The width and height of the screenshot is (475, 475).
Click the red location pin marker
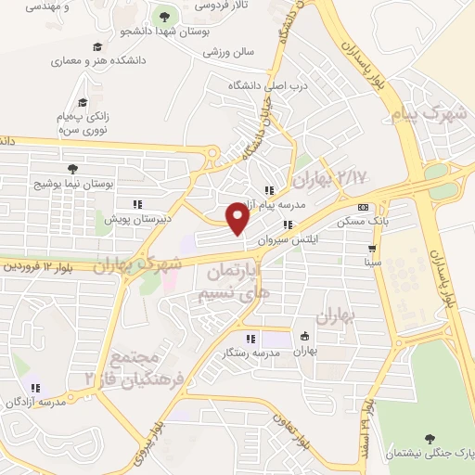pyautogui.click(x=238, y=219)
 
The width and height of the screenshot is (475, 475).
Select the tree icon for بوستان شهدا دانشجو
pyautogui.click(x=165, y=16)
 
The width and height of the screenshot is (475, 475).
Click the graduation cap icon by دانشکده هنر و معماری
pyautogui.click(x=96, y=47)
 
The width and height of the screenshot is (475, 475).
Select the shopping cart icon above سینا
pyautogui.click(x=372, y=249)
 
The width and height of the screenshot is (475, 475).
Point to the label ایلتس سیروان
pyautogui.click(x=292, y=239)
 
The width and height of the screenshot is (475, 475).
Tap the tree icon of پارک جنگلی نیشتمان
pyautogui.click(x=429, y=438)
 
